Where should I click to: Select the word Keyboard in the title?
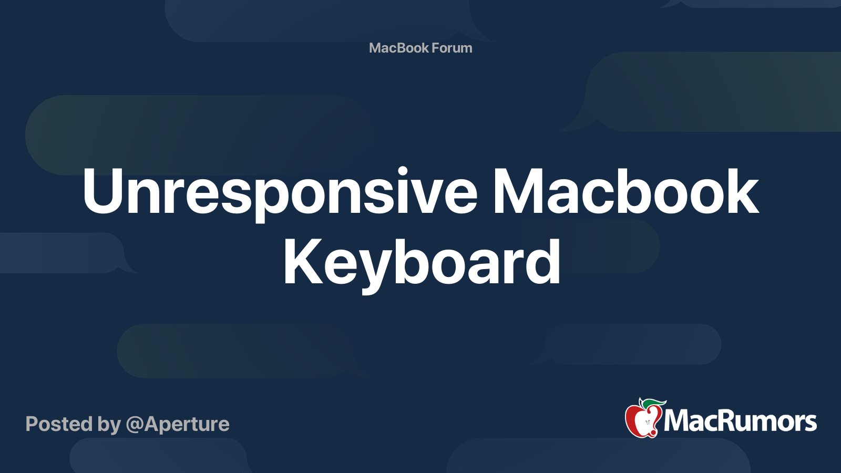click(422, 262)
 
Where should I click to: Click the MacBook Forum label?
click(420, 48)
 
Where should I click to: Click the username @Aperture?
click(178, 424)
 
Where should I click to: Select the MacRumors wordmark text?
click(740, 421)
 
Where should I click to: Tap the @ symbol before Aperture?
click(135, 424)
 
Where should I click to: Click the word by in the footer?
click(109, 425)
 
